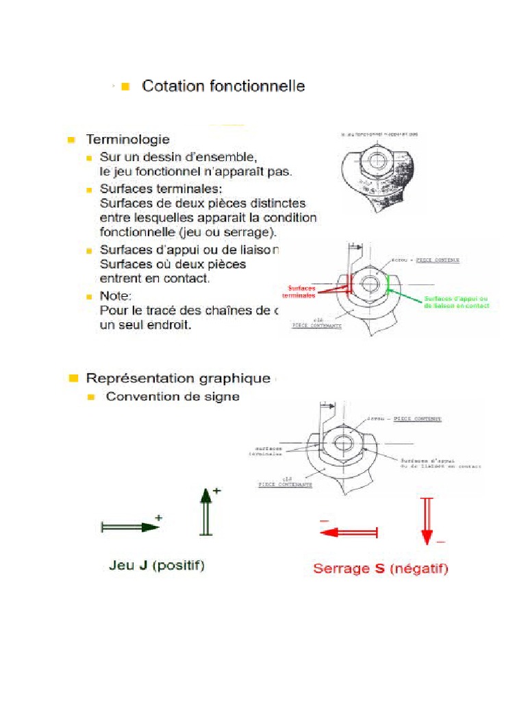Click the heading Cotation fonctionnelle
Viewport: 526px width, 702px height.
[x=223, y=86]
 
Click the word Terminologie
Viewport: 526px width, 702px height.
[x=127, y=140]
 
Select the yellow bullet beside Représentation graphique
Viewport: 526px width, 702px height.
[x=72, y=378]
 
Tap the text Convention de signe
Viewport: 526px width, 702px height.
[x=173, y=397]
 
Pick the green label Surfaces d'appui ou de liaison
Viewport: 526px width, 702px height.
[x=456, y=302]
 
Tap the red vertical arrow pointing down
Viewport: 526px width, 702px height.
[x=427, y=522]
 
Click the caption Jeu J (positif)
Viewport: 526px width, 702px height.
[x=157, y=566]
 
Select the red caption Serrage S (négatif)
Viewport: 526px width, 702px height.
[x=380, y=568]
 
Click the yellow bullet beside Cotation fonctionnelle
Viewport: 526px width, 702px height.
[x=125, y=87]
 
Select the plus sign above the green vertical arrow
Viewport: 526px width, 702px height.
[x=217, y=491]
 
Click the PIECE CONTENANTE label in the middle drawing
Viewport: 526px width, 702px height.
[x=317, y=326]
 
